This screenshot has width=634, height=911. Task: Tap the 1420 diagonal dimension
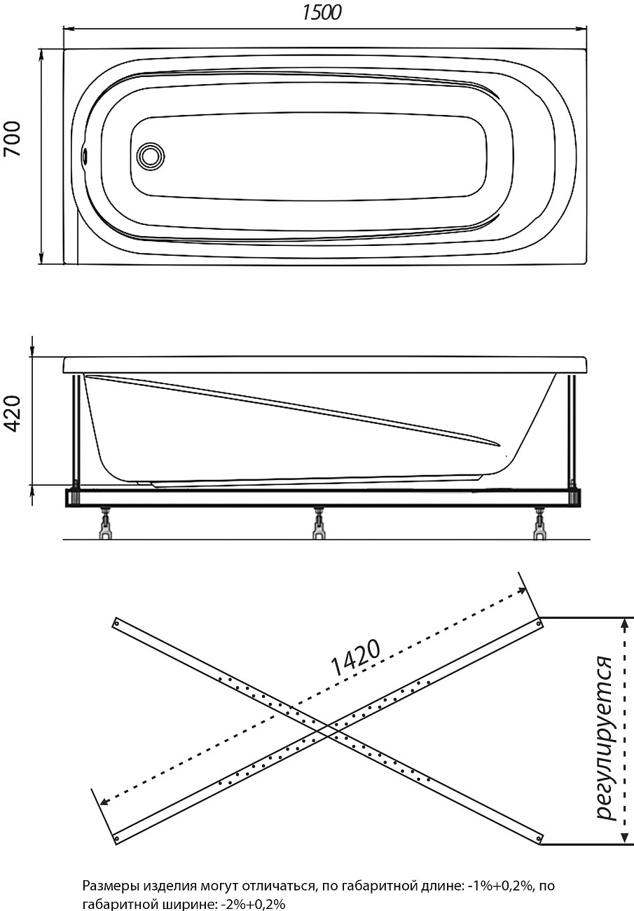click(x=354, y=659)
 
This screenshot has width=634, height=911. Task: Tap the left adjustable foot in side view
click(x=105, y=526)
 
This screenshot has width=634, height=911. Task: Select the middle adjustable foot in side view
click(x=319, y=526)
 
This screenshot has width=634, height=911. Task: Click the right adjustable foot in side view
click(x=539, y=526)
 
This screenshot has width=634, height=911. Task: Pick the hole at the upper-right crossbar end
click(x=537, y=623)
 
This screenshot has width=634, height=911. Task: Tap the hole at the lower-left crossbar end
click(x=117, y=837)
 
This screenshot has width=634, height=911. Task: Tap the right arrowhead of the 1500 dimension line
click(x=582, y=29)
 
